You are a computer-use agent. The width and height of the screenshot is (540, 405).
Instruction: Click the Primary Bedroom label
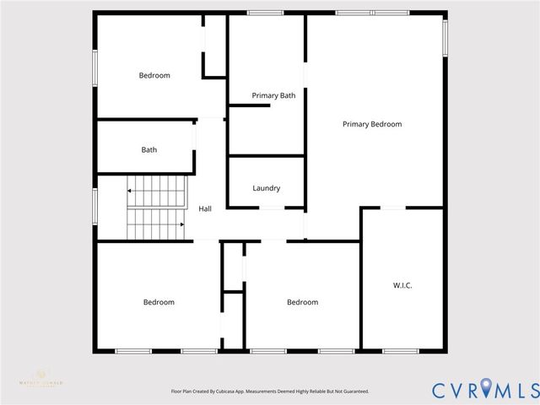pos(371,124)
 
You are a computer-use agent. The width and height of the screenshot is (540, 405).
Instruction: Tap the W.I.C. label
pos(402,285)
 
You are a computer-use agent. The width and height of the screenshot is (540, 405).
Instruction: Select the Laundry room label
pos(266,188)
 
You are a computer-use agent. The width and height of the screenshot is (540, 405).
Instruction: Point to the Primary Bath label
pos(273,96)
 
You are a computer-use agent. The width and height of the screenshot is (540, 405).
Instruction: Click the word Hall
pos(205,208)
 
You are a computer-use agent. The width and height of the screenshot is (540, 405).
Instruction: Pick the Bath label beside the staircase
pos(148,150)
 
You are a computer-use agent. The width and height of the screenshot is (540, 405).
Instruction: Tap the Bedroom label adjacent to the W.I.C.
pos(302,302)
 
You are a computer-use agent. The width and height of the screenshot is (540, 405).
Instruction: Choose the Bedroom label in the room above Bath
pos(154,75)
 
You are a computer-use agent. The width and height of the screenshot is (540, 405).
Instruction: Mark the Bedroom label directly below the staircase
pos(158,302)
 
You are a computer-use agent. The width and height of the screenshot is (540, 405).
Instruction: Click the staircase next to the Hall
pos(156,208)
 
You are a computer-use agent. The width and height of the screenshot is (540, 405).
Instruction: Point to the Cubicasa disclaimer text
pos(270,391)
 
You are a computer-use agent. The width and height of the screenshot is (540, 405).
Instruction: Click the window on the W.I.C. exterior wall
pos(402,351)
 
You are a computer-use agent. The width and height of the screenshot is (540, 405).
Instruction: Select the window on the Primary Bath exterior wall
pos(265,13)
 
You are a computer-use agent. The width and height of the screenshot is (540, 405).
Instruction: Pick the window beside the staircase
pos(94,207)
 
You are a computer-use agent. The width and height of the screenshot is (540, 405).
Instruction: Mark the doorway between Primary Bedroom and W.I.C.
pos(392,208)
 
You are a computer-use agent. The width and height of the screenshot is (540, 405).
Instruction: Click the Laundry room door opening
pos(272,208)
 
